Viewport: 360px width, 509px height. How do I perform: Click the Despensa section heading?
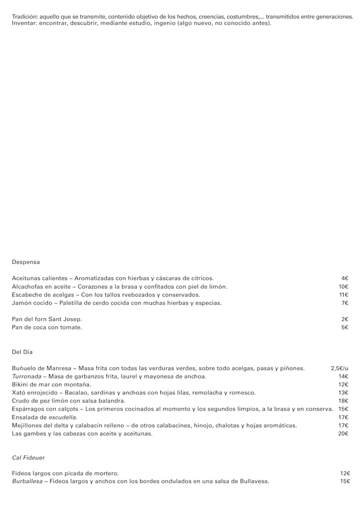[x=25, y=262]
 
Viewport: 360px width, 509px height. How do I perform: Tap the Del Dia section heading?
[x=22, y=352]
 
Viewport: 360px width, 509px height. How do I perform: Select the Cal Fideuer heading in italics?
[x=28, y=458]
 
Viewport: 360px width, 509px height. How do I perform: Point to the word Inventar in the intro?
[x=23, y=23]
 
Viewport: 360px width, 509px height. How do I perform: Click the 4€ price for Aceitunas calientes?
[x=345, y=278]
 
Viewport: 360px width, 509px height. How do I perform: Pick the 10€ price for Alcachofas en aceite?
[x=344, y=286]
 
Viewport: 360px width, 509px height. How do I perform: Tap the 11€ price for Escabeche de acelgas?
[x=344, y=295]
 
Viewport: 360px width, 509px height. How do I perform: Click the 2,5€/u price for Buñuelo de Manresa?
[x=340, y=368]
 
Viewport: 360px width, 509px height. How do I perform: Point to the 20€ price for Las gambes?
[x=343, y=434]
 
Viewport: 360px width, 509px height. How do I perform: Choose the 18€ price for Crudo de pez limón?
[x=343, y=401]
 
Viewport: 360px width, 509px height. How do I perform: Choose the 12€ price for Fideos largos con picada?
[x=345, y=474]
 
